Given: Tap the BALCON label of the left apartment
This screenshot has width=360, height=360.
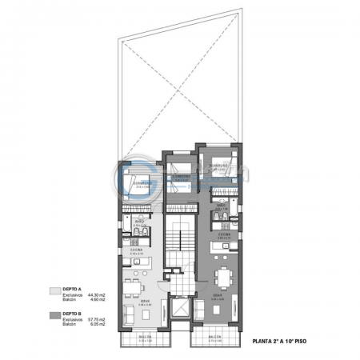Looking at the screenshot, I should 142,337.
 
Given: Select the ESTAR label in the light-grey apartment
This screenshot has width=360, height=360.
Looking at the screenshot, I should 144,302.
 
